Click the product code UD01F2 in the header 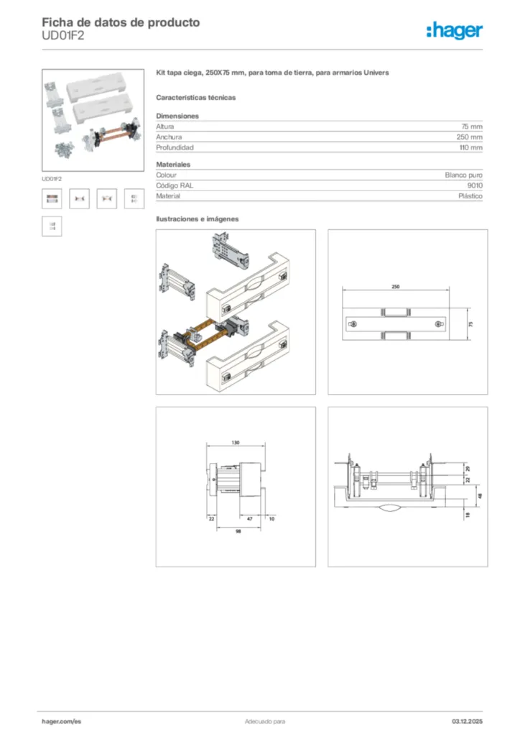[63, 37]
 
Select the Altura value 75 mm [471, 126]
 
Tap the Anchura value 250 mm [469, 137]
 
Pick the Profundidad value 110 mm [470, 147]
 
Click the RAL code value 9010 [475, 185]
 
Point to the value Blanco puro [463, 175]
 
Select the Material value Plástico [470, 196]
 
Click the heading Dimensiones [177, 116]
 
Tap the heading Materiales [173, 165]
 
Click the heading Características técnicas [195, 97]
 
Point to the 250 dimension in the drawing [395, 287]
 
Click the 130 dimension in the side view [235, 443]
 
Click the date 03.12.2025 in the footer [467, 721]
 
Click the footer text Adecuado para [265, 721]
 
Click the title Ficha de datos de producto [121, 22]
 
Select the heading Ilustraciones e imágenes [197, 218]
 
